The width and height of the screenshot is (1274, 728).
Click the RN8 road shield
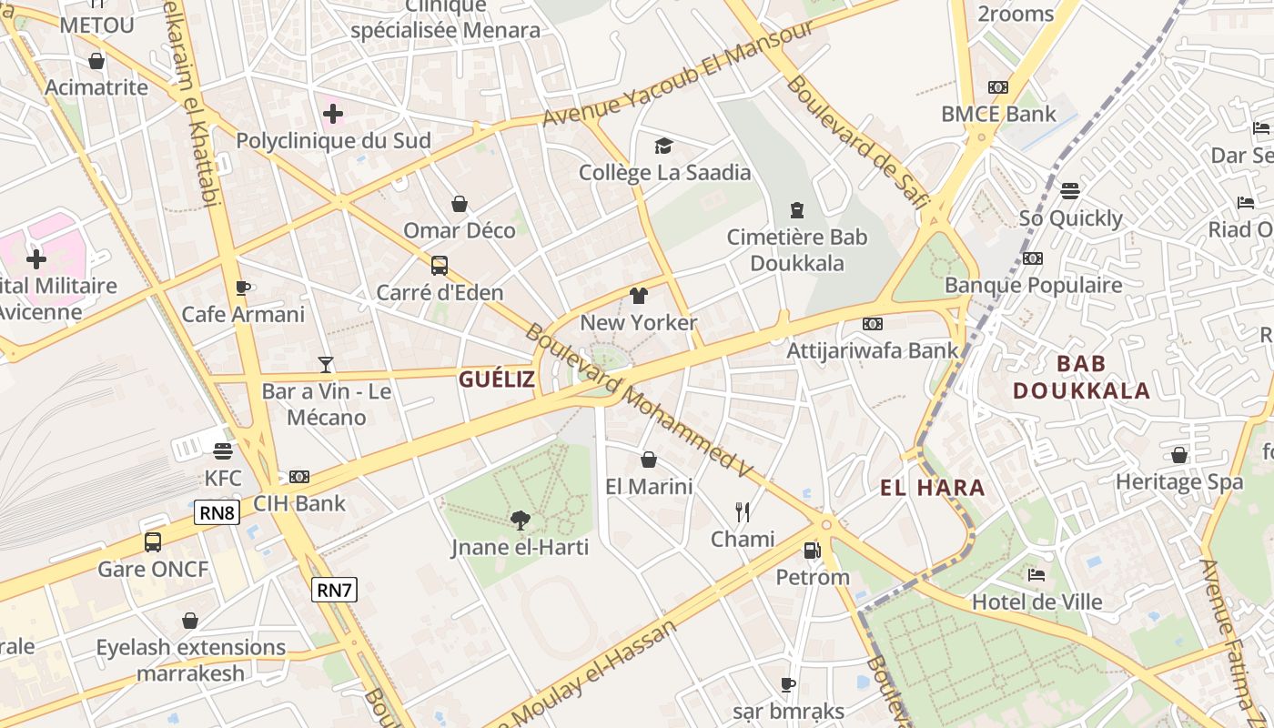(x=217, y=512)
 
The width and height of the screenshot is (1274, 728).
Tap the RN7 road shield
(x=334, y=590)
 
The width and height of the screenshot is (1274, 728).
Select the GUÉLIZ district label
(x=497, y=379)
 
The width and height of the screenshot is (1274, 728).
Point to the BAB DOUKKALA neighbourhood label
(x=1081, y=378)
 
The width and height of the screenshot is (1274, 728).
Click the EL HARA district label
(x=933, y=488)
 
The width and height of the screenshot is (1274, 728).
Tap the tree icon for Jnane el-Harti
(x=521, y=521)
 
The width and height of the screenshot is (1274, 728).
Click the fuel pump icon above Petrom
(x=812, y=550)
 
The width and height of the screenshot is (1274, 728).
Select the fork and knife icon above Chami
(x=743, y=512)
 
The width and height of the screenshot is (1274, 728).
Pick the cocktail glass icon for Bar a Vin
(x=326, y=365)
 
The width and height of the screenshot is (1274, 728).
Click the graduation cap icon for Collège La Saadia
(x=664, y=146)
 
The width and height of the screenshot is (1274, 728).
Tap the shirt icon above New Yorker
(x=639, y=296)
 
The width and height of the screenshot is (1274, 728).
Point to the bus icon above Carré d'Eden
(x=440, y=266)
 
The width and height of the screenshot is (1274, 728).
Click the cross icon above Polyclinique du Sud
(x=333, y=114)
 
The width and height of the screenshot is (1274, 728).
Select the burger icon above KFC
(x=223, y=450)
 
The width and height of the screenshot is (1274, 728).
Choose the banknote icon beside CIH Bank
(x=299, y=477)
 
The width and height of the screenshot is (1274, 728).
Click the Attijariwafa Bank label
(x=873, y=350)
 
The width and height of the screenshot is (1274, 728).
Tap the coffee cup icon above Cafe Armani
(x=243, y=288)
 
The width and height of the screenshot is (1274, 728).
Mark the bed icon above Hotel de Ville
(x=1036, y=574)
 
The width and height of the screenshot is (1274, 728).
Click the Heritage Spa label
(x=1179, y=481)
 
